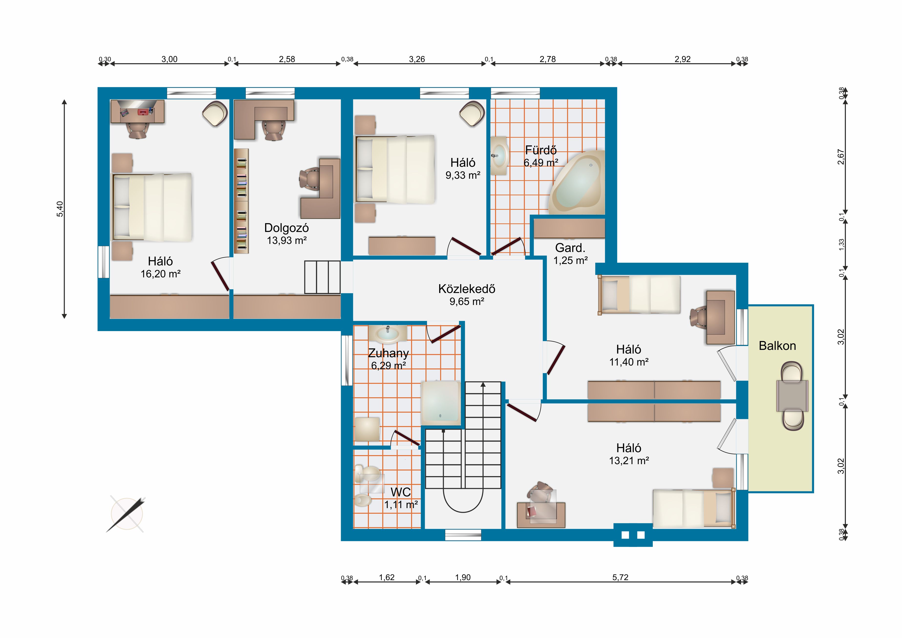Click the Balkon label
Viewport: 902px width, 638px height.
point(777,346)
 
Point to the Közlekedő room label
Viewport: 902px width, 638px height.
point(467,289)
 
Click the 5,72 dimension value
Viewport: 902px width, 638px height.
point(620,577)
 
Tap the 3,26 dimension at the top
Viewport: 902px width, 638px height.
point(417,59)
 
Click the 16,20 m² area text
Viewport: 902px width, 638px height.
point(161,274)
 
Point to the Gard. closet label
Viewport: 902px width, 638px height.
point(570,248)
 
